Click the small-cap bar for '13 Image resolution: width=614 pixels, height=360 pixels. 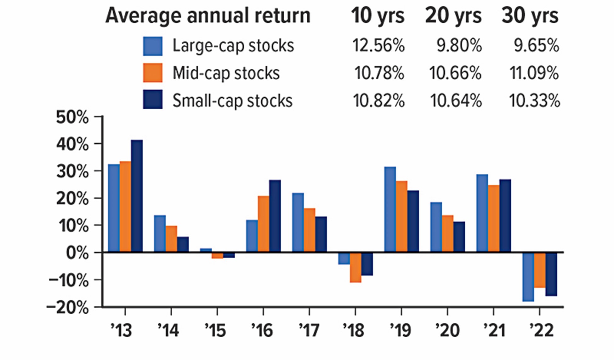click(137, 196)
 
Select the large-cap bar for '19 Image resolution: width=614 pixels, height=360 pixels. click(390, 209)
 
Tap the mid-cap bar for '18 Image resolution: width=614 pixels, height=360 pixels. click(355, 267)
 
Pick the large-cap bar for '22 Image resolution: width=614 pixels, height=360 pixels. click(528, 277)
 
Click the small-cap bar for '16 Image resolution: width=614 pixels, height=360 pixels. click(275, 216)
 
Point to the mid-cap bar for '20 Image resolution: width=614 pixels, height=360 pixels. click(447, 234)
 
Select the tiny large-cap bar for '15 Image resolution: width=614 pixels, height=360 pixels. click(206, 250)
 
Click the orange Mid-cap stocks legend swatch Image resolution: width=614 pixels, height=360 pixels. click(153, 73)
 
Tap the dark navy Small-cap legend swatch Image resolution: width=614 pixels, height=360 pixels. click(153, 100)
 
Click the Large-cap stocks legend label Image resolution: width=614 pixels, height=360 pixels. click(233, 46)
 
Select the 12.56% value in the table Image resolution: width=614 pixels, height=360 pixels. click(378, 46)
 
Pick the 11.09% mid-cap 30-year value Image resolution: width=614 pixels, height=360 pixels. click(534, 73)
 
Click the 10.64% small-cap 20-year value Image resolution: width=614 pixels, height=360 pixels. click(456, 101)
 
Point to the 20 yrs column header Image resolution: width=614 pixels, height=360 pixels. click(453, 16)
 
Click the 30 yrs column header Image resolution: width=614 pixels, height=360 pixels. click(530, 16)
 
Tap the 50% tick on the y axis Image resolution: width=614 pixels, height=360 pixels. click(72, 118)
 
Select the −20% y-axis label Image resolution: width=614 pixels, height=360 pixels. click(67, 307)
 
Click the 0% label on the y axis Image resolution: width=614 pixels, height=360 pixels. click(77, 253)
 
